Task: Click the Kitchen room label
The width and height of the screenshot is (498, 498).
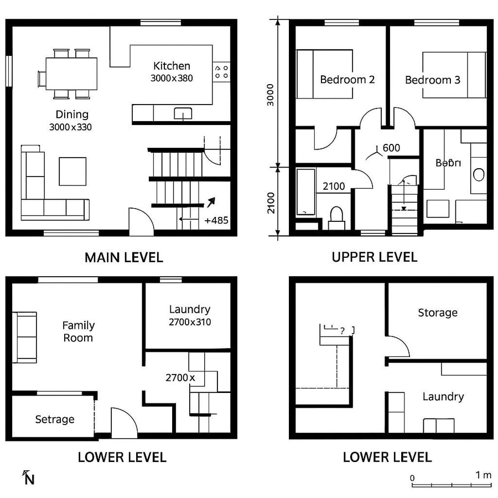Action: coord(172,66)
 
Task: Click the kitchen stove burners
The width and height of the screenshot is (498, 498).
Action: coord(221,71)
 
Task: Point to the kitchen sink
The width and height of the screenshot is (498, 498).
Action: coord(183,113)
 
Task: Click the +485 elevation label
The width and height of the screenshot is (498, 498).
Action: coord(216,220)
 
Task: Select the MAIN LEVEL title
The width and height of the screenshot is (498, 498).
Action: coord(123,257)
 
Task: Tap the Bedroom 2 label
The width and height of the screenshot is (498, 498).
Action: coord(347,80)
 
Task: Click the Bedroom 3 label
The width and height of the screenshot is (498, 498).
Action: coord(432,80)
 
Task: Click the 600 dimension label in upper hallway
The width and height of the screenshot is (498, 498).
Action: coord(391,148)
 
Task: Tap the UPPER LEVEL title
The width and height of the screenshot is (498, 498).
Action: coord(374,257)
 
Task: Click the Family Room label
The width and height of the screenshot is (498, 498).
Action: coord(78,331)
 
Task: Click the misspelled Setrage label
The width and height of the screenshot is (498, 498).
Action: coord(55,419)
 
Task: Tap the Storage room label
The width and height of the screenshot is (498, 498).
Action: coord(437,313)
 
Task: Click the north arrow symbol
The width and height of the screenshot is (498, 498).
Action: coord(28,477)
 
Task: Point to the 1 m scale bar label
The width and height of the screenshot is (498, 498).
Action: coord(483,475)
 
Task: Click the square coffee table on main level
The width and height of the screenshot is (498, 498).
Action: coord(72,171)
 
